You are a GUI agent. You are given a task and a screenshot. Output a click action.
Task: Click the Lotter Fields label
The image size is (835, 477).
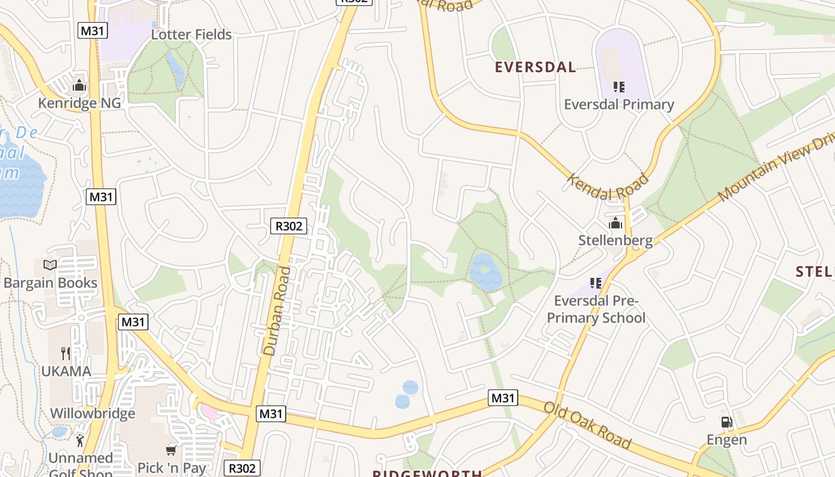tap(191, 35)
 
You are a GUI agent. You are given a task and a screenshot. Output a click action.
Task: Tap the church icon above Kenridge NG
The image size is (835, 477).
tap(79, 86)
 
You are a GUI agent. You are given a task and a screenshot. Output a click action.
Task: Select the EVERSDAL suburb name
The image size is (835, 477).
tap(535, 67)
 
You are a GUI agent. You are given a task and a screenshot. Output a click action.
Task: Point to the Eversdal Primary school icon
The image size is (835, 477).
tap(618, 88)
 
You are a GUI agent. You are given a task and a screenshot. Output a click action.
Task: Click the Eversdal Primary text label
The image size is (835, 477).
tap(618, 105)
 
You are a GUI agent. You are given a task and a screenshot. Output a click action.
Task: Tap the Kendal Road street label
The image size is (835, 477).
tap(607, 187)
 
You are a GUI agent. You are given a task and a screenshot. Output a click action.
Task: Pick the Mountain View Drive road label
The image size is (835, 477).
tap(775, 170)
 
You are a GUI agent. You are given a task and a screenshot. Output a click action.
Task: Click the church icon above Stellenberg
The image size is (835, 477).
tap(615, 224)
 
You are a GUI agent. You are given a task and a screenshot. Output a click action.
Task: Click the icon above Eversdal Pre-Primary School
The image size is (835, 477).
tap(595, 283)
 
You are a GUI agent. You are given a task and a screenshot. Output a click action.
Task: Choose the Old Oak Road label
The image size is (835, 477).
tap(587, 425)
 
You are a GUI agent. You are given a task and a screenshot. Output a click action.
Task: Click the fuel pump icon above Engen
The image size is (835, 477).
tap(726, 423)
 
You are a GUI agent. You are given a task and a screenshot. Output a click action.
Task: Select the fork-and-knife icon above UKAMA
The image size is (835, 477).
tap(66, 354)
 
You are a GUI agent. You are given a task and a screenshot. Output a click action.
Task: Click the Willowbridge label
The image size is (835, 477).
tap(92, 414)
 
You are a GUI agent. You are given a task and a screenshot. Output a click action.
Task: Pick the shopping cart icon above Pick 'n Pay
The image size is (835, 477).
tap(171, 451)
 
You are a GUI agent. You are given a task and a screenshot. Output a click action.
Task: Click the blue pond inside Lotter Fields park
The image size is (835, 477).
tap(177, 69)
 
